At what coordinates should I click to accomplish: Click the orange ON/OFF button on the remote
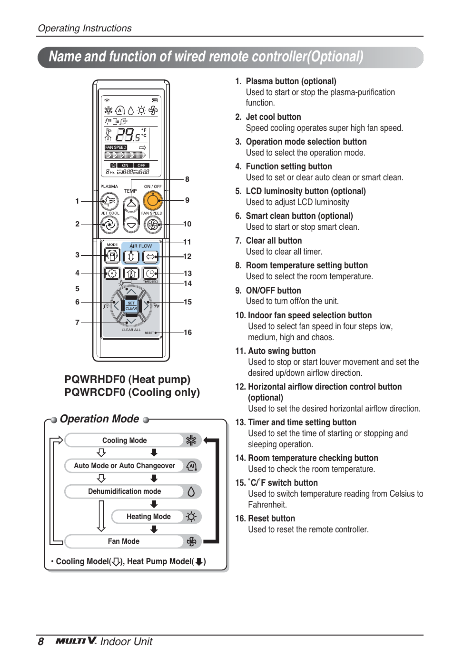coord(152,201)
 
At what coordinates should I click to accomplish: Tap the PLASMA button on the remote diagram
coord(109,201)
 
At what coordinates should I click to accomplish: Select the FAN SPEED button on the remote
coord(152,224)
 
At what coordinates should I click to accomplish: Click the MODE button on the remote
coord(112,256)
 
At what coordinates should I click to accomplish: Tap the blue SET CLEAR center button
coord(131,305)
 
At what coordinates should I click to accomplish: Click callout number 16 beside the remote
coord(188,333)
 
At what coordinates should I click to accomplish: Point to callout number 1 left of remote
coord(77,201)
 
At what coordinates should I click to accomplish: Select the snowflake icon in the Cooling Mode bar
coord(191,441)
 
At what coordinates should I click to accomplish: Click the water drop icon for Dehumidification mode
coord(191,491)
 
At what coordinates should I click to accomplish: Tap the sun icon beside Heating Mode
coord(191,517)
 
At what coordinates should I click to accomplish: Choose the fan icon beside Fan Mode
coord(191,541)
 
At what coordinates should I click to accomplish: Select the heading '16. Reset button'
coord(265,519)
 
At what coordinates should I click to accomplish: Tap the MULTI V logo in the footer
coord(76,641)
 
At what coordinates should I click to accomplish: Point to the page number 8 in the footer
coord(41,642)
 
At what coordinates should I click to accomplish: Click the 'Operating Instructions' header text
coord(85,28)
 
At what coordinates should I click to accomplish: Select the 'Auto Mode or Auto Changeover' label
coord(124,466)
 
